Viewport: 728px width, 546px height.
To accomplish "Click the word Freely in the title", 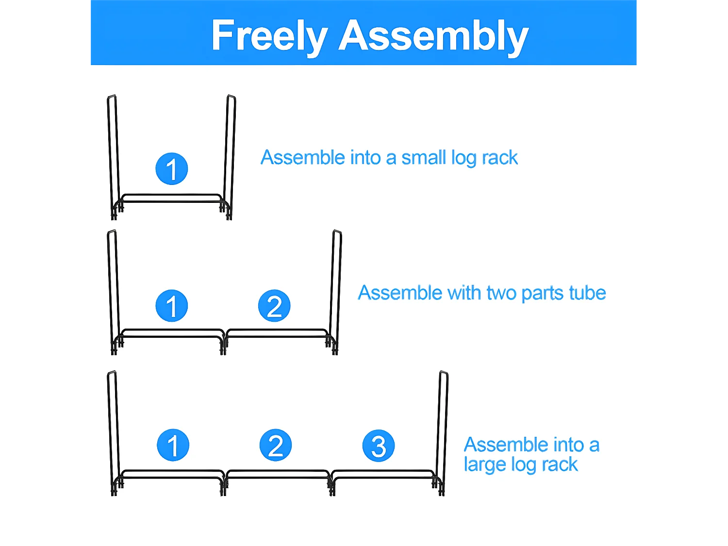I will (x=269, y=35).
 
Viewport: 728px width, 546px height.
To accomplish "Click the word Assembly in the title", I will (x=433, y=35).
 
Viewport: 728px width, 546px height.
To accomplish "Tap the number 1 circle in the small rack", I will (x=172, y=169).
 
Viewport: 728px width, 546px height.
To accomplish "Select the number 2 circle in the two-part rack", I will (x=274, y=306).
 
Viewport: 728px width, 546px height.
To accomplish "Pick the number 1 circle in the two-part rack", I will (x=172, y=306).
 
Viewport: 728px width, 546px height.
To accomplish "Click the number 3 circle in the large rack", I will (x=379, y=446).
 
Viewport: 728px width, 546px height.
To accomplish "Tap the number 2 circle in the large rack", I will (x=276, y=445).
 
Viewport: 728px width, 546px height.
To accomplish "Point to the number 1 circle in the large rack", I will (x=173, y=445).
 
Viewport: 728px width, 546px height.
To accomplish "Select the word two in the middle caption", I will (x=502, y=293).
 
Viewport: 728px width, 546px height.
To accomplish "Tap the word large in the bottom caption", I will (x=483, y=465).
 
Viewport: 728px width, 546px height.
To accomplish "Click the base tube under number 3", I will (x=383, y=474).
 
